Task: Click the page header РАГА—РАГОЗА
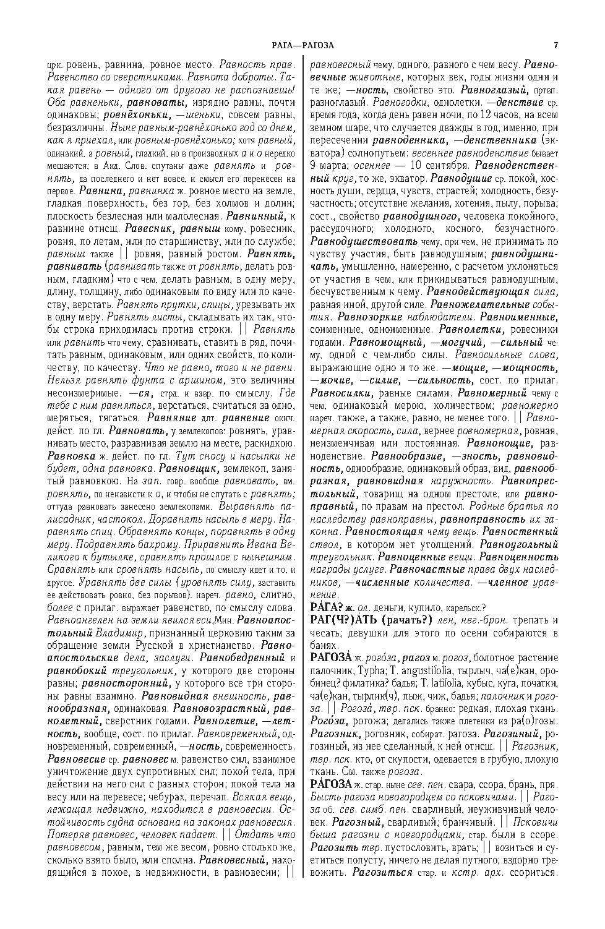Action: (302, 45)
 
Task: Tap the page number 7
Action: (556, 45)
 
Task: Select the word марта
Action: (333, 166)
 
